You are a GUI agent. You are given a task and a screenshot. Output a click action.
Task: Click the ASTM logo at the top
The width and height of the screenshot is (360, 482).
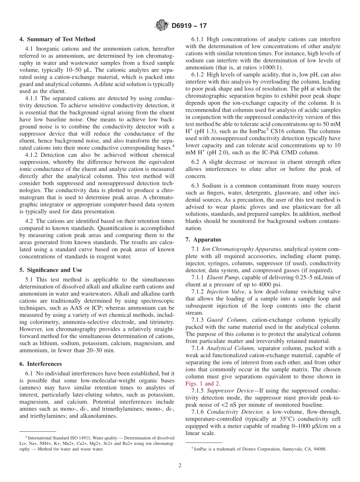click(161, 26)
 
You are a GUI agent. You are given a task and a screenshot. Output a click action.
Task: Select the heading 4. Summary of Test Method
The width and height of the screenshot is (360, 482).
click(57, 39)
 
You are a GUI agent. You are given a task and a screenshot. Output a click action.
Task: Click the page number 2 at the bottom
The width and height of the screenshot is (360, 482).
click(180, 465)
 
